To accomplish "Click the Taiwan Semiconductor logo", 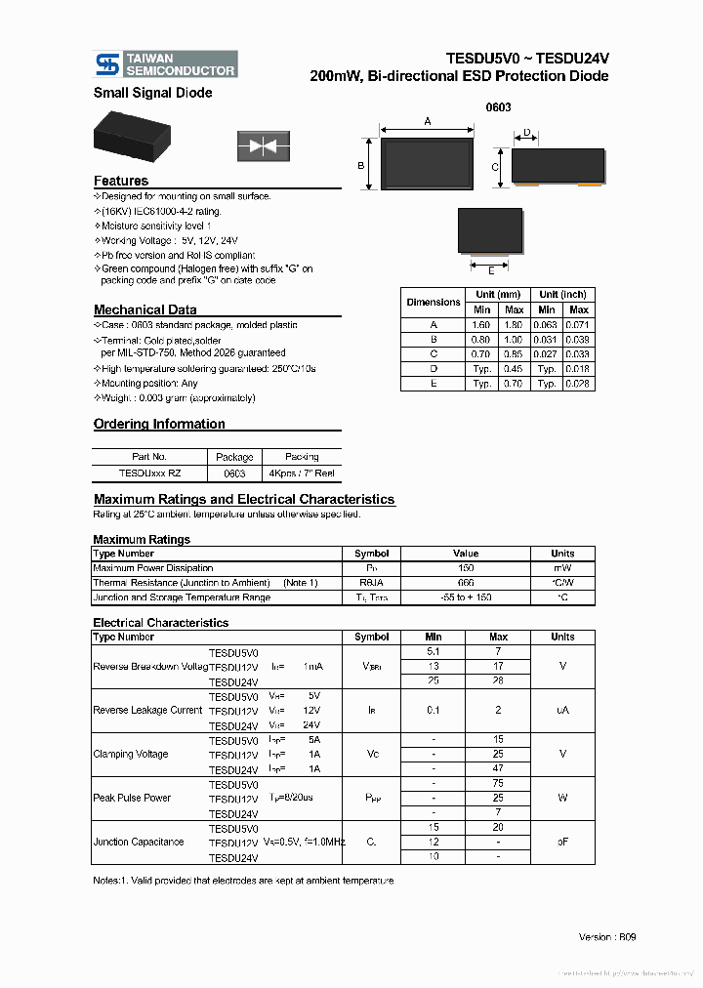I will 165,63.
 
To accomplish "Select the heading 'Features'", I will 121,181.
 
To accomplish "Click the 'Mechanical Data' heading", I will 145,310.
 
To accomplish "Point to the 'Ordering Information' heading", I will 159,424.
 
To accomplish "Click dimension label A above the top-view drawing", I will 428,121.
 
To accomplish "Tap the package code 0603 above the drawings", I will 498,107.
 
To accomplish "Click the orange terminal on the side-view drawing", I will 591,183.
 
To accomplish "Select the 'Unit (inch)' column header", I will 562,295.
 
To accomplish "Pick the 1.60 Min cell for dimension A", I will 481,324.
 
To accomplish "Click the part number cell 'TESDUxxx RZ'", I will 149,472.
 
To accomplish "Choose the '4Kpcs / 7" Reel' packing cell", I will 302,472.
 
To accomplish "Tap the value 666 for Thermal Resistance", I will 466,582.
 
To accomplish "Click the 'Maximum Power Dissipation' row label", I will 153,567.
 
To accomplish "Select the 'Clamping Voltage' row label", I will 131,754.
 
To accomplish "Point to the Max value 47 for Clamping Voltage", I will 498,769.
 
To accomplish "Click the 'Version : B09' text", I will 607,936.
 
